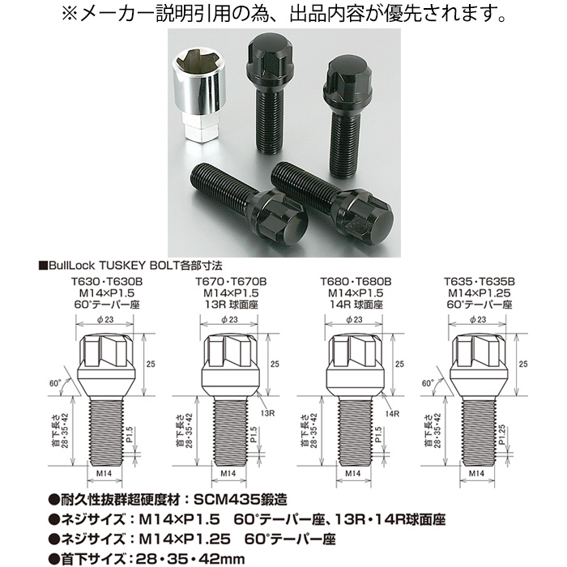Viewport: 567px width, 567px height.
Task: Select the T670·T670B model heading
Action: pos(231,281)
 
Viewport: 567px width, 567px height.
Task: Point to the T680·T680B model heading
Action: pos(356,281)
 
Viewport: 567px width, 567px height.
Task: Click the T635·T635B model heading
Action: pos(480,281)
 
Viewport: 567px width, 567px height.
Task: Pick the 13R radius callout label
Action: pos(267,413)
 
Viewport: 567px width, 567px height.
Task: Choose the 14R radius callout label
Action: pos(392,413)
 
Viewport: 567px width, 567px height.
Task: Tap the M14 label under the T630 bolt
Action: pos(104,473)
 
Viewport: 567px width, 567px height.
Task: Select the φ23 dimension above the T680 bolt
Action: pos(354,319)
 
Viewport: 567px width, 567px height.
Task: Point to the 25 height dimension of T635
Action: pos(523,364)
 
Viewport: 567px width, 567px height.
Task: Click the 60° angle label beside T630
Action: pos(55,383)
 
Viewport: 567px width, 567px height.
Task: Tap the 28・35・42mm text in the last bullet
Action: pos(190,559)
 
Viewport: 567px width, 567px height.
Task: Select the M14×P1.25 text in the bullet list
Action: pos(185,539)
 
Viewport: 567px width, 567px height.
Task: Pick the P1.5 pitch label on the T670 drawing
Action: pos(254,434)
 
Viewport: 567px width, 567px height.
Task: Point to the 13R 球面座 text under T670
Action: pos(231,305)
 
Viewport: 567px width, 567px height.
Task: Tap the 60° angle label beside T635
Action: pos(428,383)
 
